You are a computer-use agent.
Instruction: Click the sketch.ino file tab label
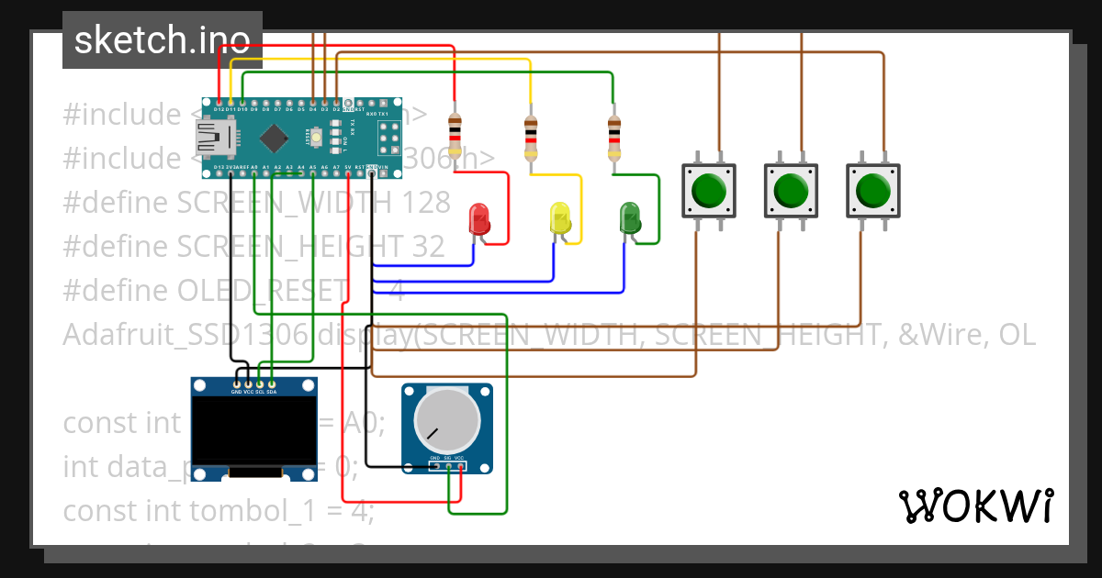coord(162,40)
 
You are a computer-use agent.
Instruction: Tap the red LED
coord(479,218)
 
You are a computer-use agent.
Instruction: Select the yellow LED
coord(560,218)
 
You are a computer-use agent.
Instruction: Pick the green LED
coord(630,218)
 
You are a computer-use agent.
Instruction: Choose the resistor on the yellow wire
coord(530,137)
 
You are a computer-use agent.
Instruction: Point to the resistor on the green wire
coord(613,137)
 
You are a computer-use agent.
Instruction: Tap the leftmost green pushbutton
coord(708,191)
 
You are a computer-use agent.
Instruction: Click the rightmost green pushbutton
coord(871,191)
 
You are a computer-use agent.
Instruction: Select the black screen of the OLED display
coord(253,430)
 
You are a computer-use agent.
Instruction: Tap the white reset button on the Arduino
coord(317,138)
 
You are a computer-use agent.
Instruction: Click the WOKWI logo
coord(974,506)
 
